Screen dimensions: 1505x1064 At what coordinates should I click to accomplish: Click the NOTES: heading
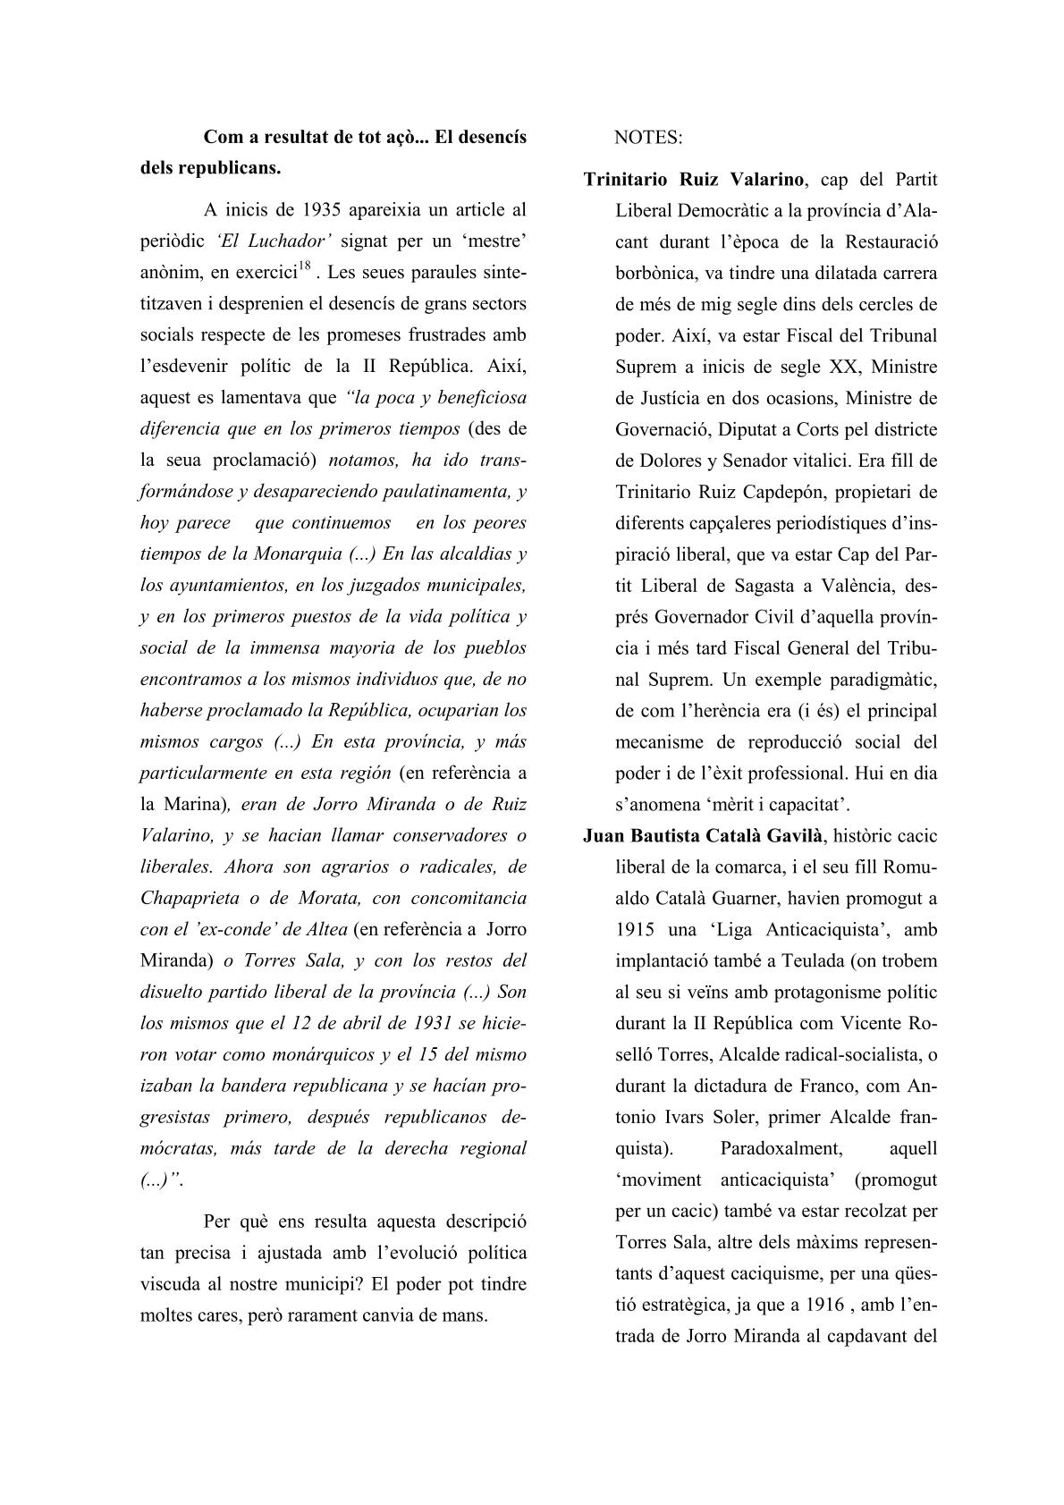tap(648, 138)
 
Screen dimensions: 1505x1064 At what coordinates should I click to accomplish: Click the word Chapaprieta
tap(189, 898)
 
